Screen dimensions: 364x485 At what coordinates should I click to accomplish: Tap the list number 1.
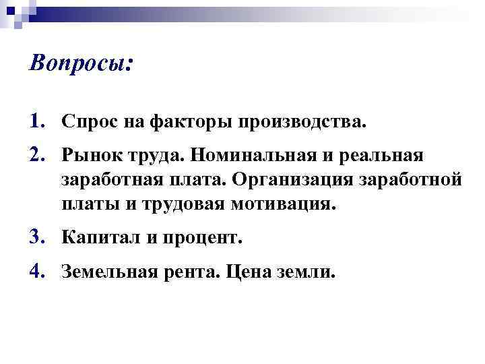coord(37,121)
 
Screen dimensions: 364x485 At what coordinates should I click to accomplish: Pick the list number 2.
coord(37,156)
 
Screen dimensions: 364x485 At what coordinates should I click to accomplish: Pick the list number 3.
coord(37,238)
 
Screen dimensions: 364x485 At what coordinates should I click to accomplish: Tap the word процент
coord(203,238)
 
